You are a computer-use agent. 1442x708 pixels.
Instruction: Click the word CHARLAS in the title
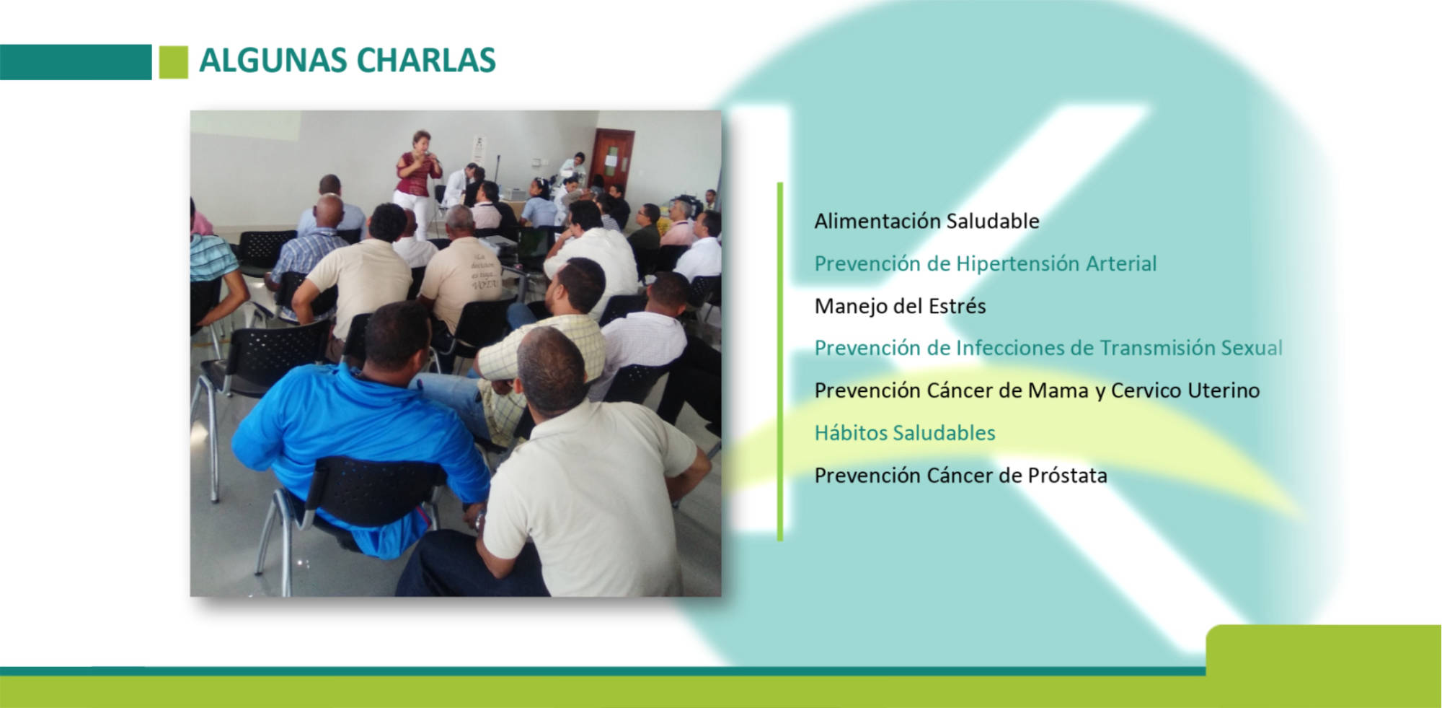pyautogui.click(x=426, y=60)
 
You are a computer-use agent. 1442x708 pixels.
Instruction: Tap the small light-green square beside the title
pyautogui.click(x=173, y=62)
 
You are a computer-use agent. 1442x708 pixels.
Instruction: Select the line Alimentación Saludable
pyautogui.click(x=926, y=221)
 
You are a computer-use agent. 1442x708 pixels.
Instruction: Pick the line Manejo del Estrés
pyautogui.click(x=900, y=306)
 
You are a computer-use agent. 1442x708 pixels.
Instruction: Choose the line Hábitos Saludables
pyautogui.click(x=905, y=433)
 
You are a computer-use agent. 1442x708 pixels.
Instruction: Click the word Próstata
pyautogui.click(x=1067, y=476)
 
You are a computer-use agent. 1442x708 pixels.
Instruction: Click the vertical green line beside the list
pyautogui.click(x=779, y=362)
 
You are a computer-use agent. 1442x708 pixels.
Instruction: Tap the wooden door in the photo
pyautogui.click(x=612, y=159)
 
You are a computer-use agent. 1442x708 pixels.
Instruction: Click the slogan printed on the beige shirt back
pyautogui.click(x=484, y=271)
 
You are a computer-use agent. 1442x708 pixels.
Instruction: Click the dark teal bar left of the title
pyautogui.click(x=76, y=62)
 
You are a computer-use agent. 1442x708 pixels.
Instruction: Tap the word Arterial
pyautogui.click(x=1121, y=264)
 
